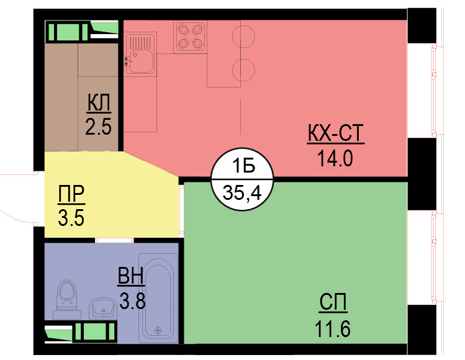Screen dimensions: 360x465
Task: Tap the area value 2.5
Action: (99, 127)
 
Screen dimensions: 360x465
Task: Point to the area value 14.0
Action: (335, 159)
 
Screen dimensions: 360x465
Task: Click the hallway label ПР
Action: (71, 195)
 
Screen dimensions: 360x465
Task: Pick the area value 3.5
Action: (71, 218)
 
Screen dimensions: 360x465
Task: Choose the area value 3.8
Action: (132, 301)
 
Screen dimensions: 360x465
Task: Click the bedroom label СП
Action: (334, 304)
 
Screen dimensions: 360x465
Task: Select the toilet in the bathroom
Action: (66, 296)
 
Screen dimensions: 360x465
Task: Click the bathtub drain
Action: (158, 330)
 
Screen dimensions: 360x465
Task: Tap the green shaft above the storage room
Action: (65, 31)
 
